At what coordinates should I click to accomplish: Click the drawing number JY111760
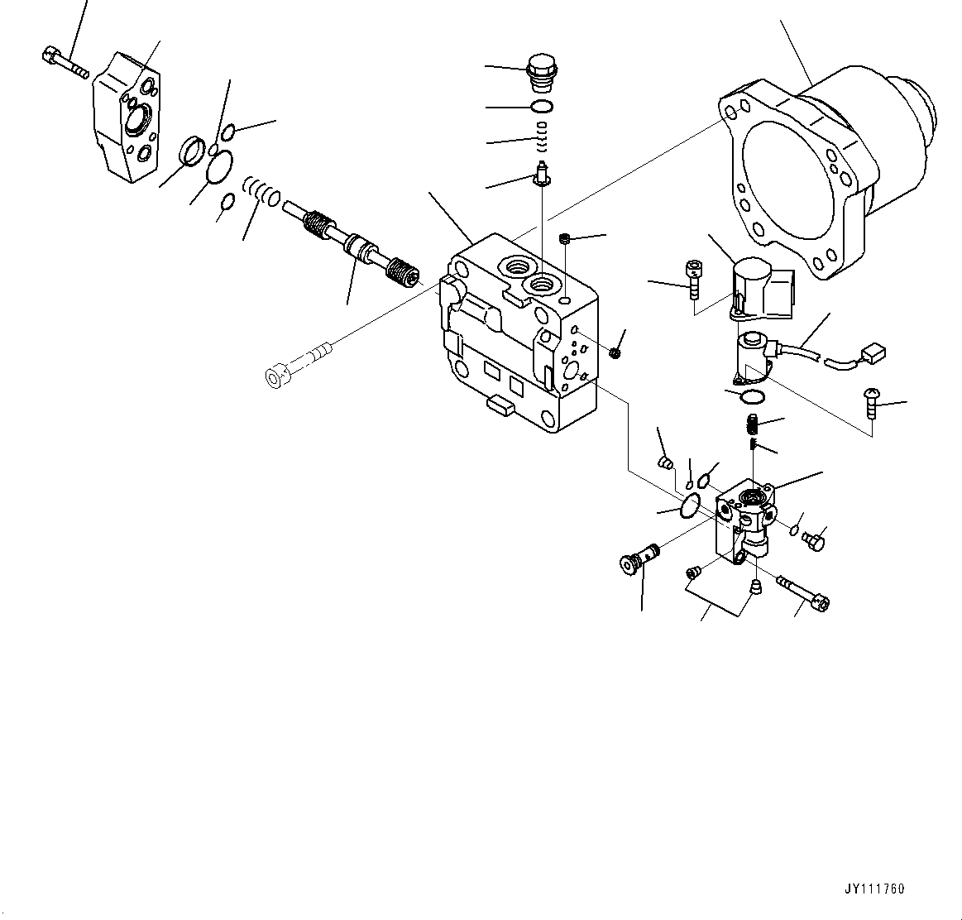pos(874,889)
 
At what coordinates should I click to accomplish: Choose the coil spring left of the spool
pos(264,192)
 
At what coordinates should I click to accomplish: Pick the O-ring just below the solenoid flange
pos(752,398)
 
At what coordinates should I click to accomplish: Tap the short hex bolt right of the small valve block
pos(813,540)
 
